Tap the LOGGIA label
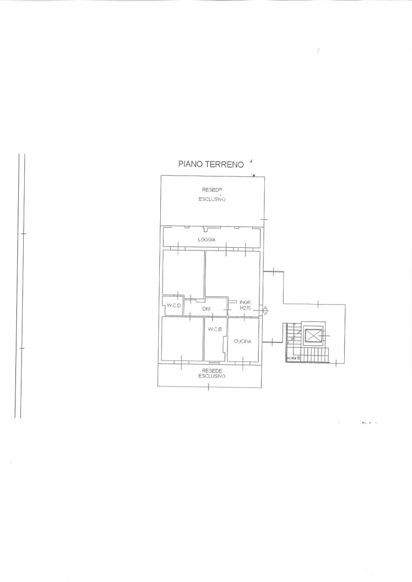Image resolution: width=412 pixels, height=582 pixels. [x=207, y=240]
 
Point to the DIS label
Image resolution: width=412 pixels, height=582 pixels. [x=206, y=309]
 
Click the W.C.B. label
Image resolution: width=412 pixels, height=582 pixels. [x=215, y=329]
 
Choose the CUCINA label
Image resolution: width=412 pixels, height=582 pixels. [x=242, y=341]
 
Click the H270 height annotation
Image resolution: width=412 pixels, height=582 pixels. [x=245, y=308]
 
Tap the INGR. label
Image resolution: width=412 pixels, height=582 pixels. [x=245, y=302]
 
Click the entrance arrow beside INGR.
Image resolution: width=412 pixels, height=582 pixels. [x=265, y=311]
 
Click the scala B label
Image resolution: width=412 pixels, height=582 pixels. [x=294, y=358]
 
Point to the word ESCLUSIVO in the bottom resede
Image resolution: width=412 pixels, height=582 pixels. [x=212, y=376]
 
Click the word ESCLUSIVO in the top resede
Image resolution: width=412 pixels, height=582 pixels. [x=212, y=199]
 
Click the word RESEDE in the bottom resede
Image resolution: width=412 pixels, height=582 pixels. [x=212, y=371]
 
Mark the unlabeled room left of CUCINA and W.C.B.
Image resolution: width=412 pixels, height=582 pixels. [x=183, y=339]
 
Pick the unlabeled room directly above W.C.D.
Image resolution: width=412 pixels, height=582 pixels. [x=183, y=273]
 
